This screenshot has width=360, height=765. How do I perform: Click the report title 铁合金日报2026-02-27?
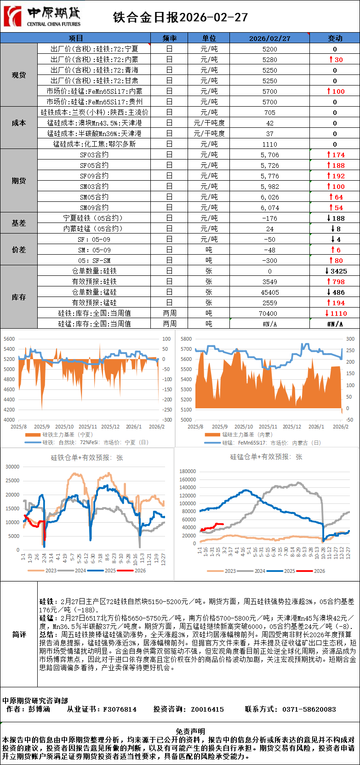180,17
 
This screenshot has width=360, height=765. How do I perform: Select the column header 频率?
169,38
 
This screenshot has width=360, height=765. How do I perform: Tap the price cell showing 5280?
269,59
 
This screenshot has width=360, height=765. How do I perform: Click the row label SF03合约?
94,155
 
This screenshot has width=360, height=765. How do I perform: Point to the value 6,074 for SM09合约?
269,208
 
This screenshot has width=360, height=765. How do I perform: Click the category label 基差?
19,223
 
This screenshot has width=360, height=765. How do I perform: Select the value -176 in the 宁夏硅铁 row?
269,218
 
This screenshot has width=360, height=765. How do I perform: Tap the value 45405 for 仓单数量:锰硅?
269,292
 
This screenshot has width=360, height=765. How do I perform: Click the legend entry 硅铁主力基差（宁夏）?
67,434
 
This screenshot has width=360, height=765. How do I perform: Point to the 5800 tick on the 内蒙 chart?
186,339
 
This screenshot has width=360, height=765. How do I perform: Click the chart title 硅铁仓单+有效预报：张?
86,458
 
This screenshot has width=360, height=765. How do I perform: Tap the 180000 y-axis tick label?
188,471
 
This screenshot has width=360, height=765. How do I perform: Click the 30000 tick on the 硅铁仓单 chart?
12,467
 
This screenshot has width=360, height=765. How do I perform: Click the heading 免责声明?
190,731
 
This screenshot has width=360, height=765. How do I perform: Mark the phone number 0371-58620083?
309,709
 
